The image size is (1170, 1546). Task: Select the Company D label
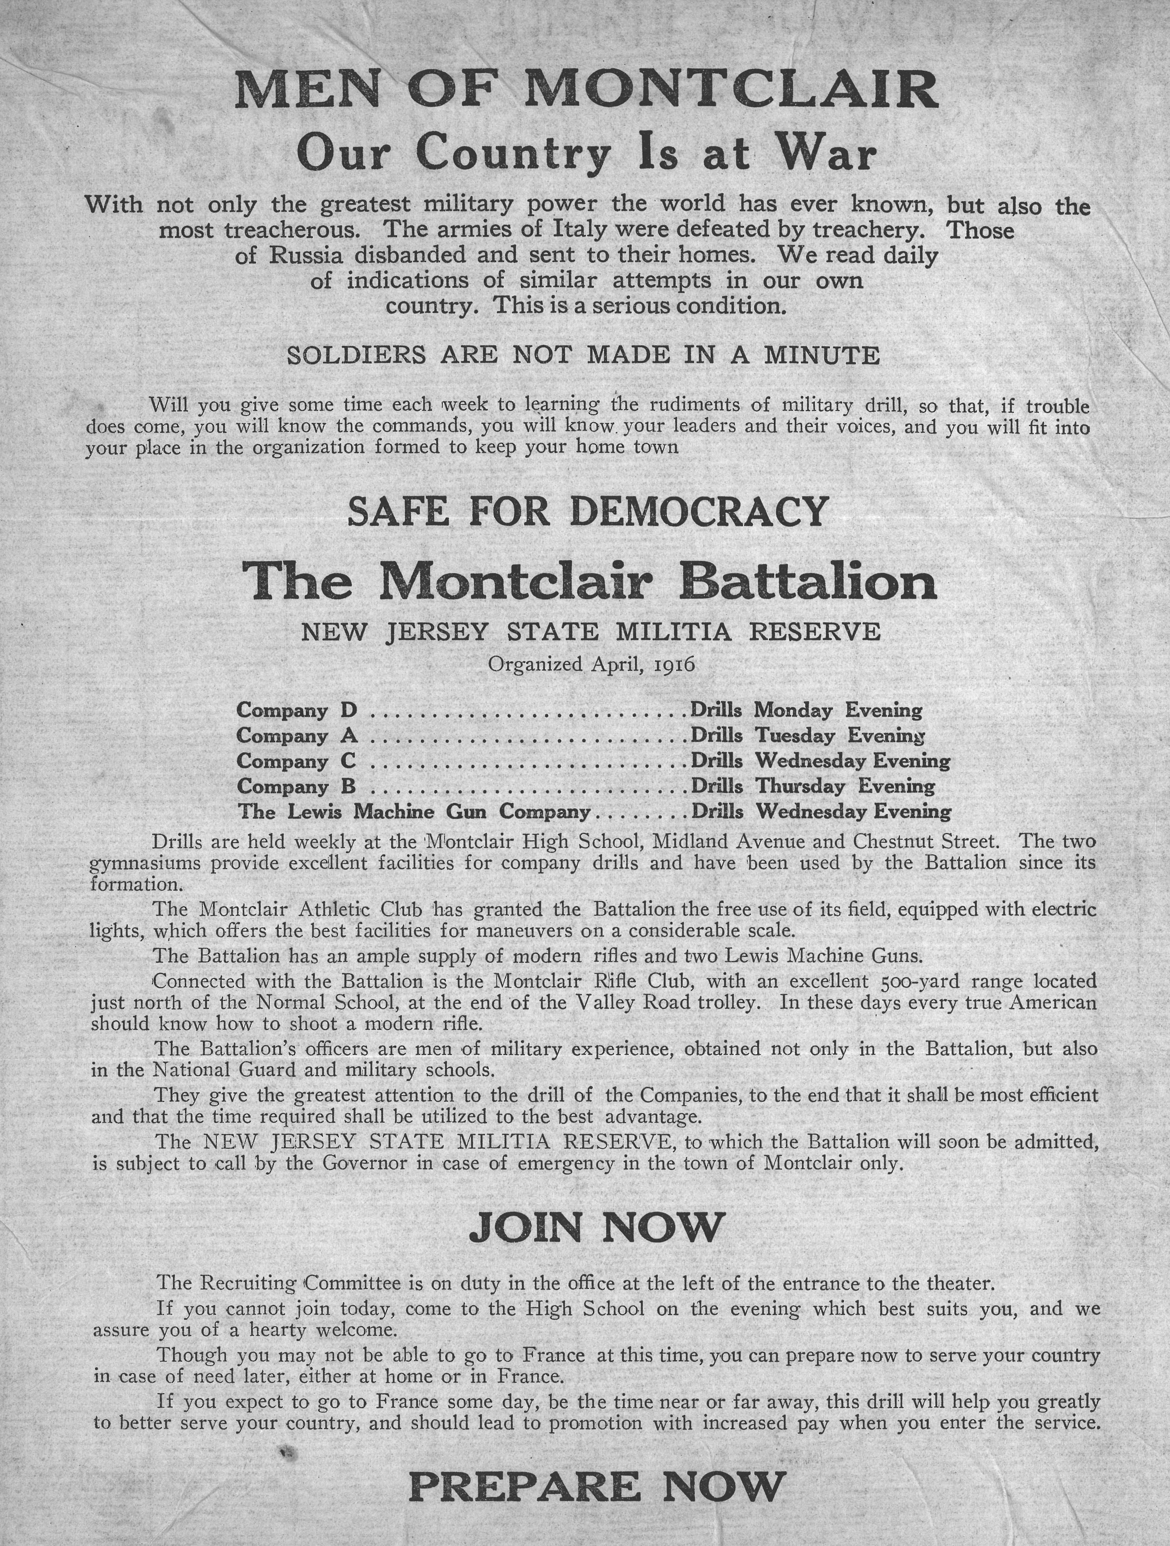tap(297, 710)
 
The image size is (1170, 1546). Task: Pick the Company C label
tap(296, 761)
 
